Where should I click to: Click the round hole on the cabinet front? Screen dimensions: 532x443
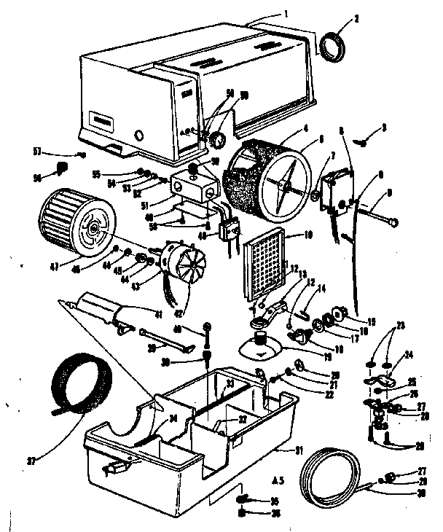(139, 136)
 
